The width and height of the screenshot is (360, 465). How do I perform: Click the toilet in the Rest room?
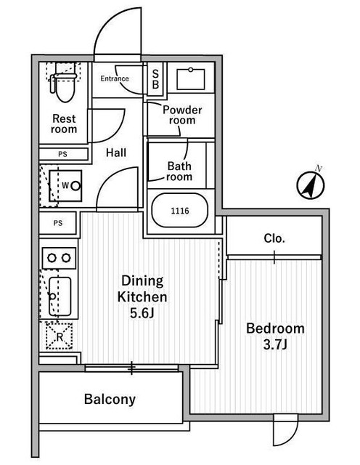65,85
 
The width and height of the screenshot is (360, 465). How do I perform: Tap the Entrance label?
115,78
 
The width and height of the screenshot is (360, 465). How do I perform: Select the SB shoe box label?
155,79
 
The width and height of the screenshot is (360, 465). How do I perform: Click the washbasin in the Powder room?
190,79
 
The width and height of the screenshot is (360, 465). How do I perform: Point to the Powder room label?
182,115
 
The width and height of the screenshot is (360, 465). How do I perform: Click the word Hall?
116,153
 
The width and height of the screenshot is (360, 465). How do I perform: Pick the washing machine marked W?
65,186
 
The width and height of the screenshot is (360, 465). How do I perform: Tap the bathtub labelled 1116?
180,211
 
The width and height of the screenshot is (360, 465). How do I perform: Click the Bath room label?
179,171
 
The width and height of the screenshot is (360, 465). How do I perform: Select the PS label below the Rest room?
63,154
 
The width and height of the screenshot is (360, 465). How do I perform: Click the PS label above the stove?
58,223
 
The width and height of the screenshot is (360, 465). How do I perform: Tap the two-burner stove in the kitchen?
59,258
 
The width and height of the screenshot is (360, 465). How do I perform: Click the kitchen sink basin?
60,296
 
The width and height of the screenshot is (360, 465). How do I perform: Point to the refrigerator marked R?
60,336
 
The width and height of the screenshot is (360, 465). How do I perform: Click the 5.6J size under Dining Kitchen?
142,313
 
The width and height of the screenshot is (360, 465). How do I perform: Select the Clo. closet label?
274,238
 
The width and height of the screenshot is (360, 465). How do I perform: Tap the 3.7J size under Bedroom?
275,344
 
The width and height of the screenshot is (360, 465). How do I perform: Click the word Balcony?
110,400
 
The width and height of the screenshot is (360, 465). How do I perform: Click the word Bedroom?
276,328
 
